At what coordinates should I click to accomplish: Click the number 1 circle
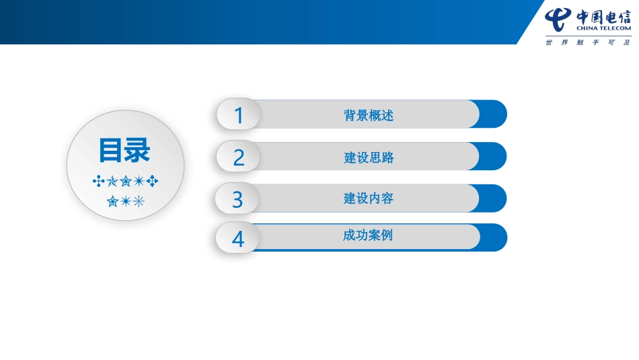coord(238,114)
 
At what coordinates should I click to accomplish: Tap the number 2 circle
coord(238,157)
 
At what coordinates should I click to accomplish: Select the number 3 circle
coord(237,199)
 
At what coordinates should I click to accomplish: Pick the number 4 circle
coord(237,238)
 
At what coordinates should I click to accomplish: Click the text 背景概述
coord(368,115)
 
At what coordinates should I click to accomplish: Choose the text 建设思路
coord(369,157)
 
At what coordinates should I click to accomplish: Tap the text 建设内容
coord(368,199)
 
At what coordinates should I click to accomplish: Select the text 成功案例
coord(367,236)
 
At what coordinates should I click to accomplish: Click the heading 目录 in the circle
coord(124,150)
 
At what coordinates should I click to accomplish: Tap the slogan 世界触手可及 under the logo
coord(588,42)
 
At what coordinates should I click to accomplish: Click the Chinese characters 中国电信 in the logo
coord(603,16)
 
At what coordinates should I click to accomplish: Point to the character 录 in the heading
coord(138,150)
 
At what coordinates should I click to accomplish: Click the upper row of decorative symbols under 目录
coord(125,181)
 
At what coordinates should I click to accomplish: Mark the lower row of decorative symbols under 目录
coord(125,201)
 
